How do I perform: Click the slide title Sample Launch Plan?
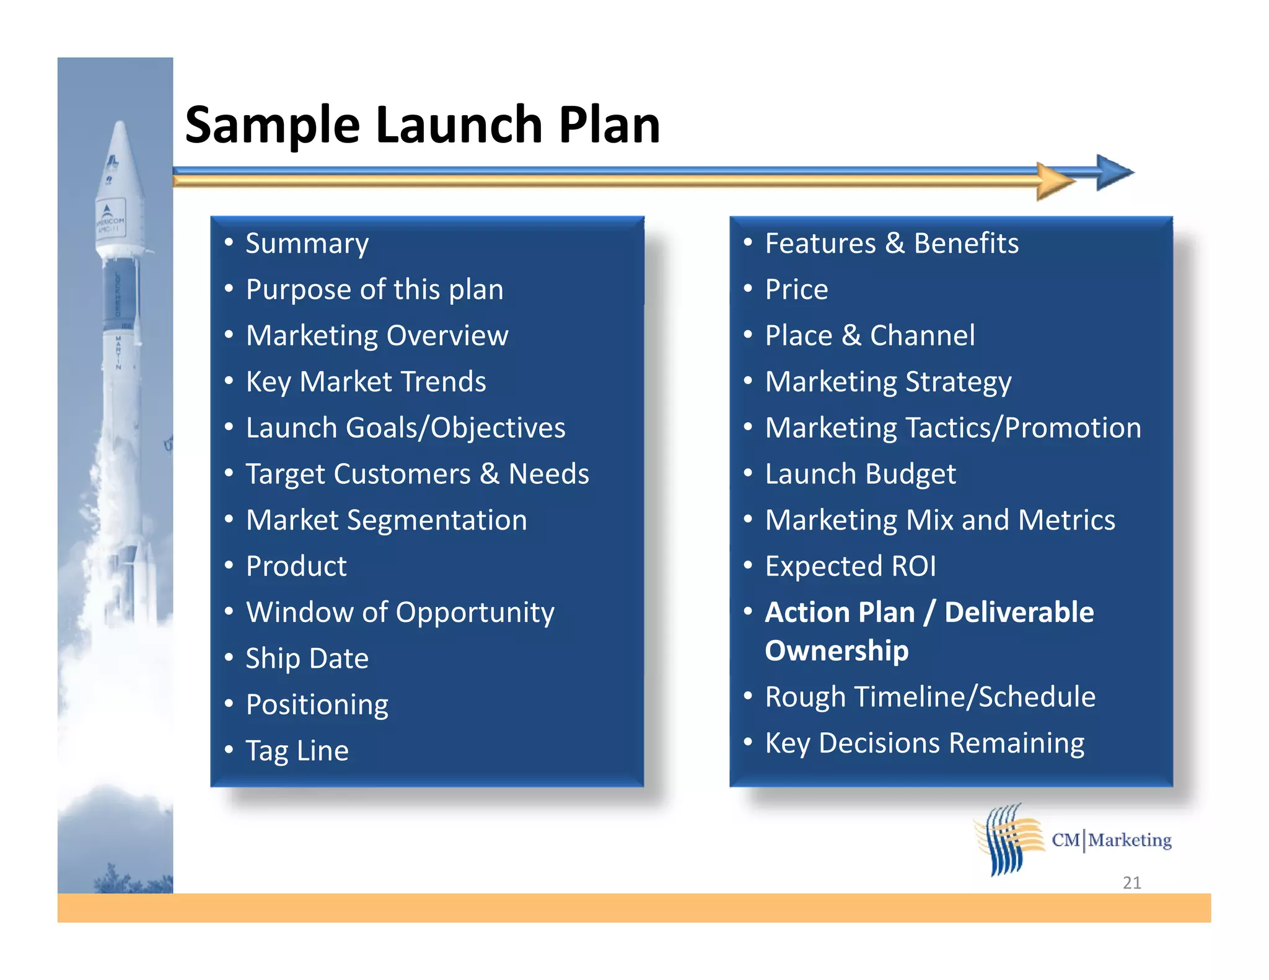tap(423, 125)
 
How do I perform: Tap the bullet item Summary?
tap(307, 243)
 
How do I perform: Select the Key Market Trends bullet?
tap(366, 382)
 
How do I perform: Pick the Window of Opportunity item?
tap(400, 612)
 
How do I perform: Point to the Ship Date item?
tap(307, 658)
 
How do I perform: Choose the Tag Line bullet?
tap(297, 750)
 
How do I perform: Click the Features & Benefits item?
tap(892, 243)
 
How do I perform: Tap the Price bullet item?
tap(796, 289)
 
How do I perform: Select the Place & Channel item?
tap(869, 335)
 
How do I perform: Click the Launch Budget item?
tap(860, 474)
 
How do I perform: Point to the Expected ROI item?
tap(850, 566)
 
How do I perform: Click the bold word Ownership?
tap(836, 650)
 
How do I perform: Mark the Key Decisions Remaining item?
tap(924, 743)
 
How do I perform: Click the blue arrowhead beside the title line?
tap(1113, 172)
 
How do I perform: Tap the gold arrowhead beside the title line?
tap(1055, 182)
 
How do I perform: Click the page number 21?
tap(1131, 882)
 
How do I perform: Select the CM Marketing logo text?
tap(1112, 840)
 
